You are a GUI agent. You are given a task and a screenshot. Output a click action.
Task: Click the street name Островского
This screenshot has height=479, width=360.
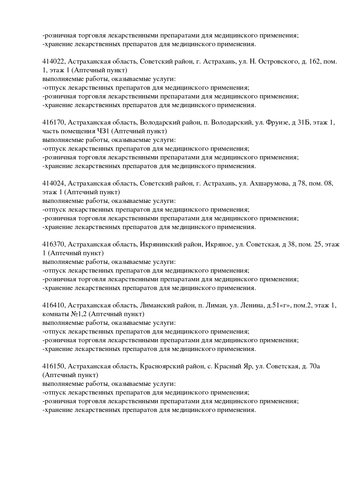point(278,62)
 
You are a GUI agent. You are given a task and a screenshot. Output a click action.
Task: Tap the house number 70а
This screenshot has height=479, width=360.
point(315,367)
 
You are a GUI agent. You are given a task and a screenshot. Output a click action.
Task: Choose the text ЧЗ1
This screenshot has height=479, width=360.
point(104,131)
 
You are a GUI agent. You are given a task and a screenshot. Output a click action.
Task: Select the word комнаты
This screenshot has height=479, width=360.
point(55,314)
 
